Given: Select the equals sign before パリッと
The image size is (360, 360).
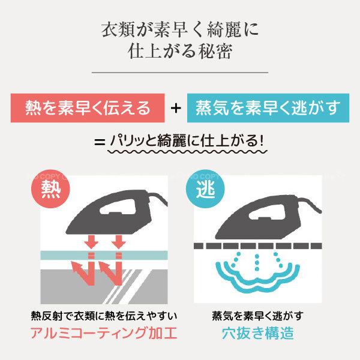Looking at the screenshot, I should point(100,143).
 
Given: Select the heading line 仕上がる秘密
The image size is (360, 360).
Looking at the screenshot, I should point(179,52).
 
